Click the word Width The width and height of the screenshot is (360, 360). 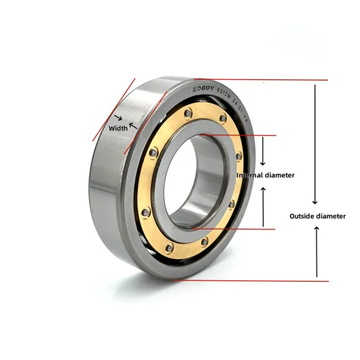point(118,128)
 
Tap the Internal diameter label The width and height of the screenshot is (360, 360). point(265,175)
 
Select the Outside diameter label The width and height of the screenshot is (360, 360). point(317,216)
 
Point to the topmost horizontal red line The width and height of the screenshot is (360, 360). point(262,80)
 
